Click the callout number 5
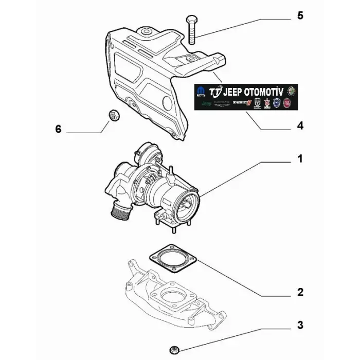click(300, 16)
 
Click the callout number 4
click(300, 125)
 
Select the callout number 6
click(58, 129)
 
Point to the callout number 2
click(300, 293)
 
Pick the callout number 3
click(300, 325)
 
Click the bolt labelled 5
click(191, 30)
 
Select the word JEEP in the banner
click(234, 91)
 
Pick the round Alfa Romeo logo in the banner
click(292, 91)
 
